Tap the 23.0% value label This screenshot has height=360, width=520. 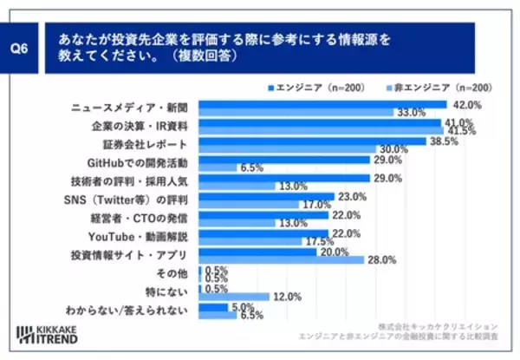click(x=352, y=197)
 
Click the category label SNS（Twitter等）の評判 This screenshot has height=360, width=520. click(x=135, y=200)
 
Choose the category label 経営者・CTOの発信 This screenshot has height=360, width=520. click(x=143, y=219)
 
